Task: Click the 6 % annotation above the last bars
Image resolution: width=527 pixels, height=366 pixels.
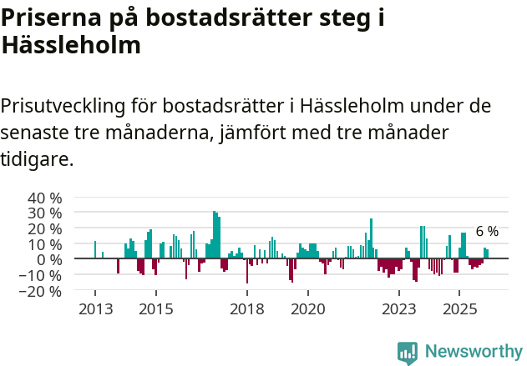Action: [x=487, y=232]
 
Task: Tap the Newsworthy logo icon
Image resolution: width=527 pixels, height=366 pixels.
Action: [x=408, y=353]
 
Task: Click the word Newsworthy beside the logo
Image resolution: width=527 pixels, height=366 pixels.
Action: [x=473, y=353]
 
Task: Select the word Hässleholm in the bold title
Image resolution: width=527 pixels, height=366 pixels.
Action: [x=70, y=45]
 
